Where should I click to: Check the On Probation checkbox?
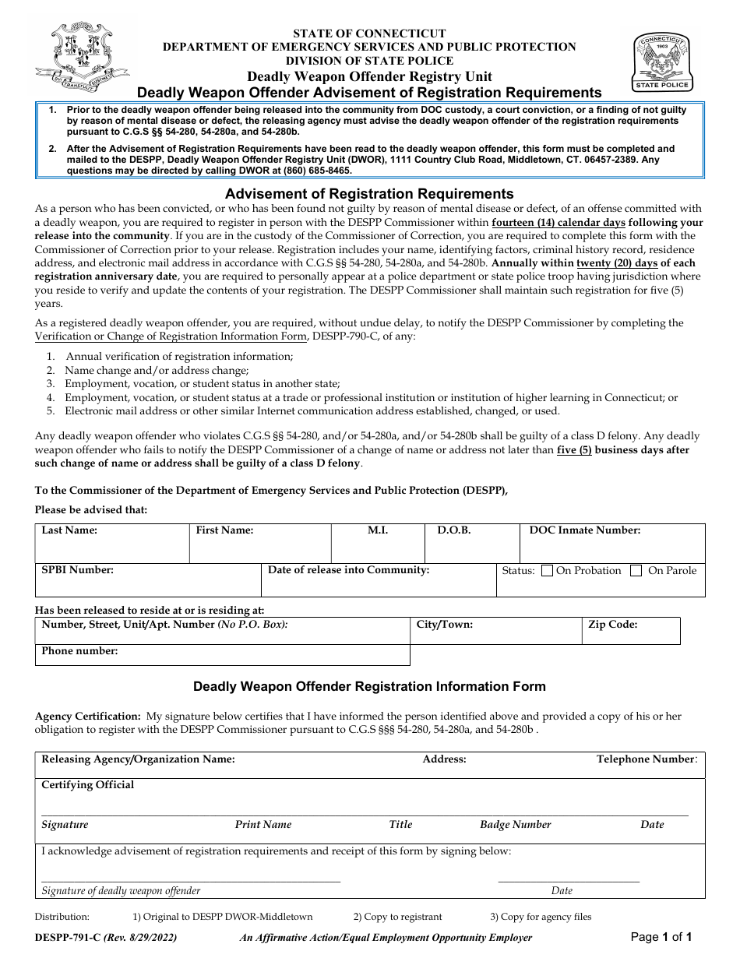tap(547, 571)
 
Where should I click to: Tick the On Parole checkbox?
tap(636, 571)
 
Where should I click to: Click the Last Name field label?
tap(69, 530)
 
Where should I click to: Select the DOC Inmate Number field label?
tap(584, 530)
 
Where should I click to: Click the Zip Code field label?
tap(613, 625)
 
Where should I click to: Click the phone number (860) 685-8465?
tap(315, 171)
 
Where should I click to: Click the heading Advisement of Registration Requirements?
tap(369, 194)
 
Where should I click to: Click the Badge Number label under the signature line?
tap(515, 825)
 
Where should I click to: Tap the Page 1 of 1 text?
tap(661, 938)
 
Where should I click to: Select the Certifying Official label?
tap(87, 785)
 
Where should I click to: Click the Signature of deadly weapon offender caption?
tap(121, 891)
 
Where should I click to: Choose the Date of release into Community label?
tap(348, 570)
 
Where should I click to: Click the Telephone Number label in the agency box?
tap(646, 759)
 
